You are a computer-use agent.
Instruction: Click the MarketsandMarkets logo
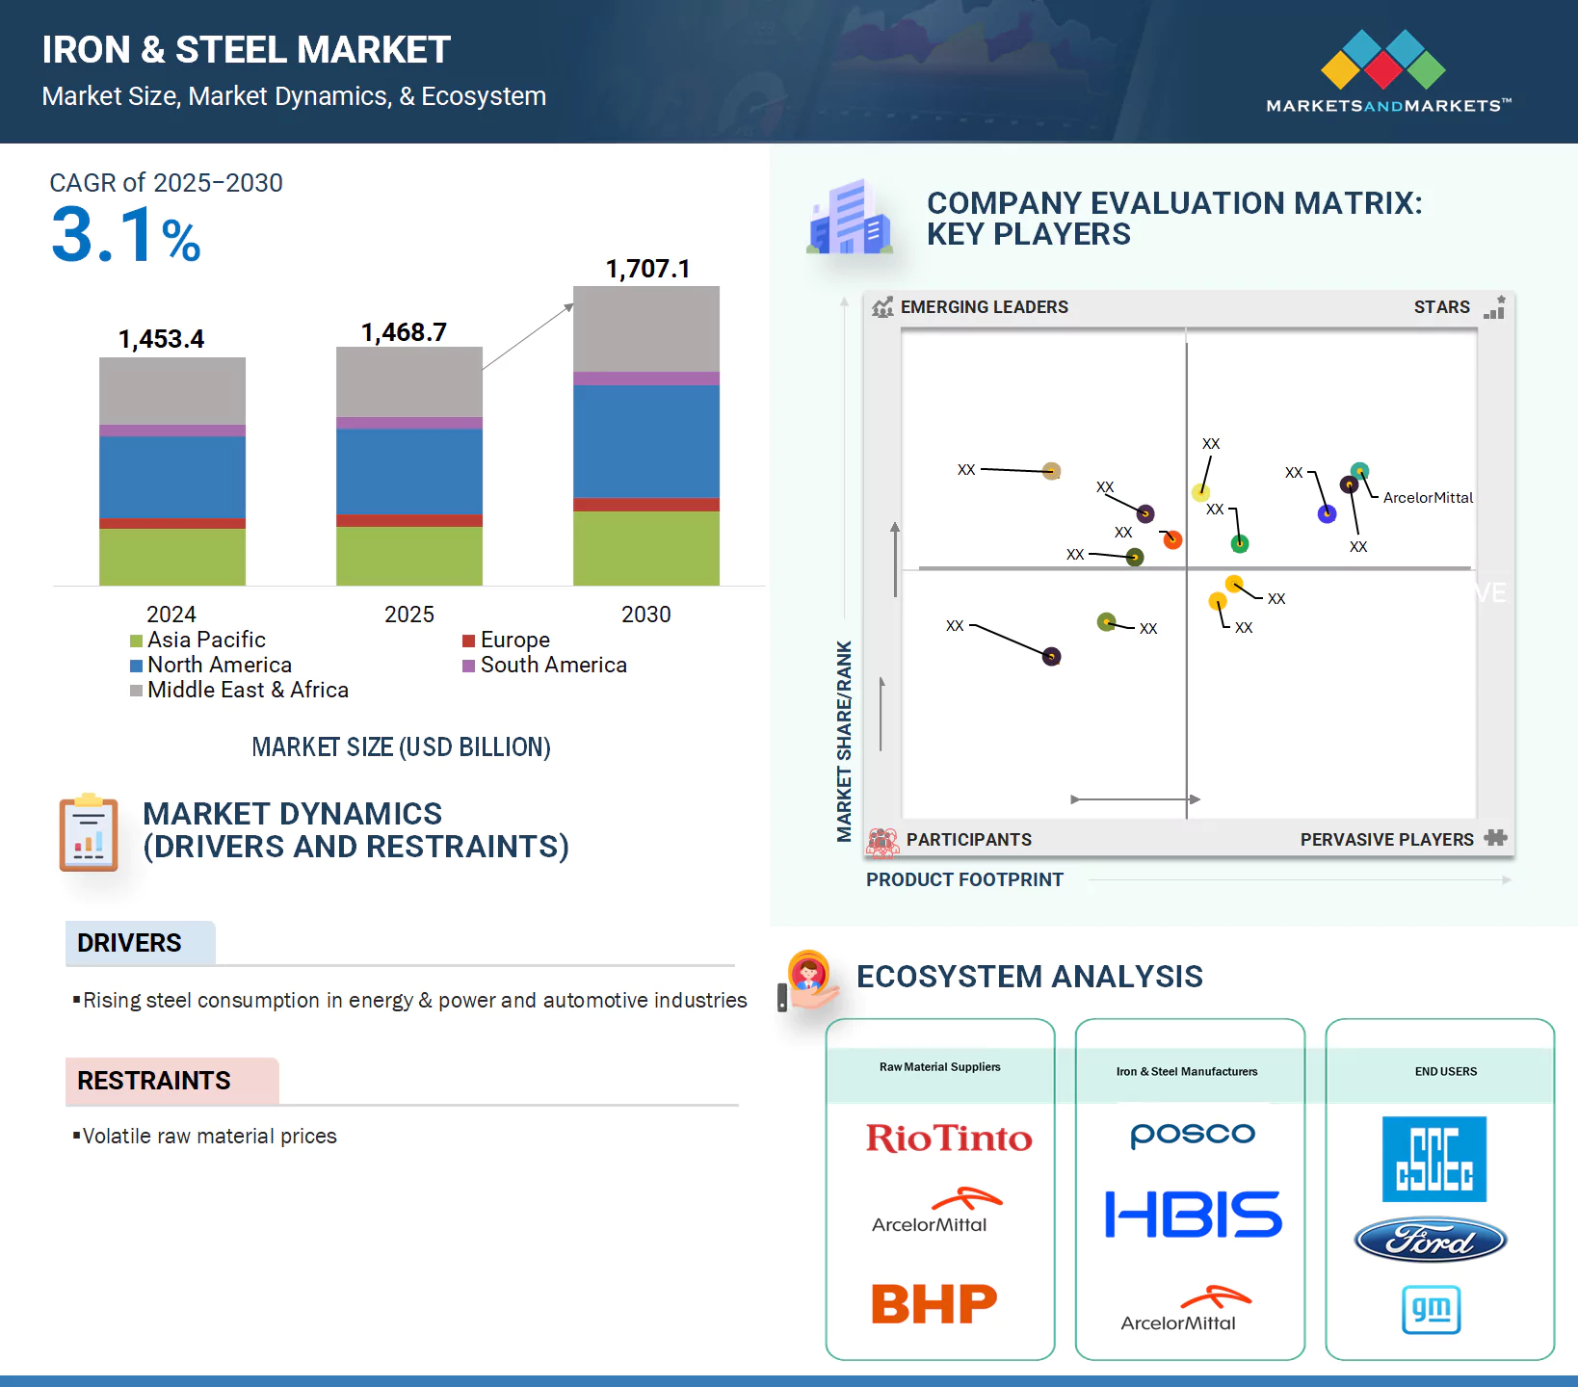click(1387, 72)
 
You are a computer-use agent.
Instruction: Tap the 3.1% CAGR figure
click(125, 235)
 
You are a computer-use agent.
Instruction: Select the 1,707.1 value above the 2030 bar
click(647, 269)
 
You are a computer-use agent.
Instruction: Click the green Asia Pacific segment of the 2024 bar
click(172, 557)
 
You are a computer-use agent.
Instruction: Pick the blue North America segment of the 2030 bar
click(646, 441)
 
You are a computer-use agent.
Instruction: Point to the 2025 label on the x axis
click(409, 615)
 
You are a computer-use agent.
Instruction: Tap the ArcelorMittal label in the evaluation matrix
click(1428, 498)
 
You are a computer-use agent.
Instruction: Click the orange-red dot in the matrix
click(1172, 539)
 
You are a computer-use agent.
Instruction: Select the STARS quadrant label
click(1441, 307)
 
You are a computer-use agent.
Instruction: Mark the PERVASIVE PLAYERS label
click(1386, 840)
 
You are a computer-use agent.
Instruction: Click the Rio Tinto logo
click(949, 1138)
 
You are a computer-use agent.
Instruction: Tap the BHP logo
click(934, 1304)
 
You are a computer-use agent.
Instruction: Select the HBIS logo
click(1193, 1214)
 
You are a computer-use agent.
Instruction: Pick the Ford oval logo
click(1431, 1241)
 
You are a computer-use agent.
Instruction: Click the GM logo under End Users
click(1431, 1310)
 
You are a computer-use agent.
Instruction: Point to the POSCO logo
click(1193, 1135)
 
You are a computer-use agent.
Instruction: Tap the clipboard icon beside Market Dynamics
click(89, 833)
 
